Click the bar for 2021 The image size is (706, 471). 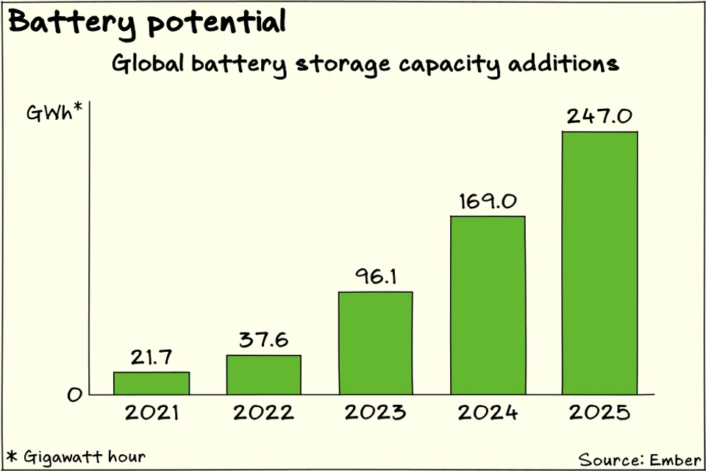151,383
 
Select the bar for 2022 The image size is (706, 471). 263,375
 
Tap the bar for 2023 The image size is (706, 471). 375,344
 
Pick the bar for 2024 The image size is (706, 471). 488,305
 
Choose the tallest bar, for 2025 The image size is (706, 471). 599,263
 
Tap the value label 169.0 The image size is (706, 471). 488,201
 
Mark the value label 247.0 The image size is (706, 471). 599,116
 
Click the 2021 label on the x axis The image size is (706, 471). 151,412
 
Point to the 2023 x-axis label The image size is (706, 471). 375,412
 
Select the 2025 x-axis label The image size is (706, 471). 599,412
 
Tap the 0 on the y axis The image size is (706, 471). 74,396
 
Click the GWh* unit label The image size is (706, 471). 53,115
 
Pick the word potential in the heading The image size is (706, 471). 215,24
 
